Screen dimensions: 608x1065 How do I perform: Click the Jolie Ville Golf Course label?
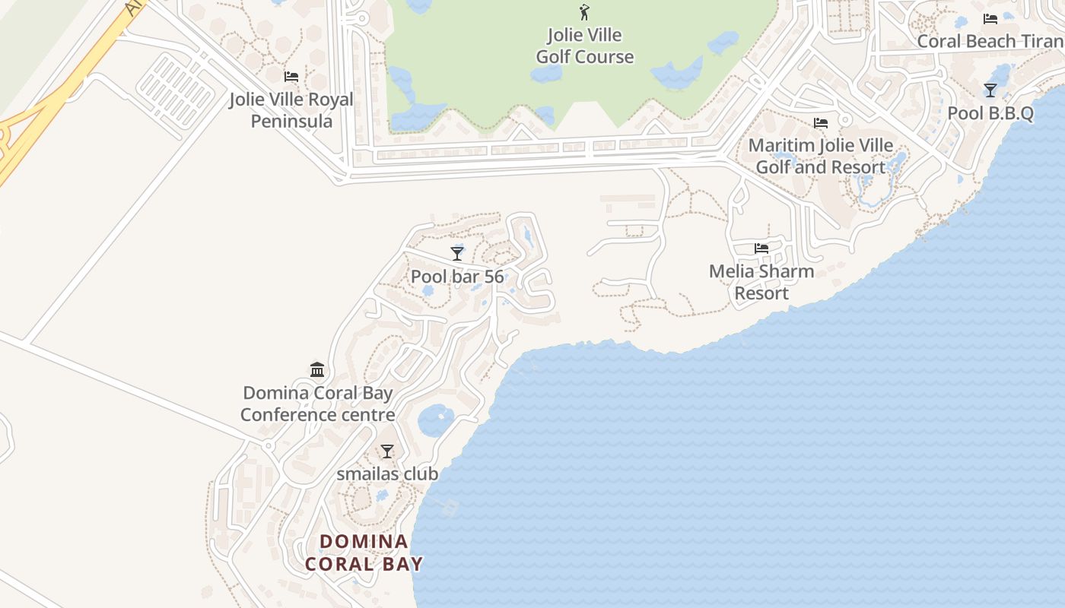click(x=584, y=46)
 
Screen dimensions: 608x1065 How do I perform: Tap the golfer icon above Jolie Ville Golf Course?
click(x=584, y=12)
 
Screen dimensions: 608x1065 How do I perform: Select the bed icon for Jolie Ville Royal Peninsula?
click(x=291, y=77)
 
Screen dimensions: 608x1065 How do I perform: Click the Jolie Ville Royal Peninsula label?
click(x=291, y=110)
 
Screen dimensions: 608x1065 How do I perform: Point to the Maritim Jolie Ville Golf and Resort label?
click(x=821, y=156)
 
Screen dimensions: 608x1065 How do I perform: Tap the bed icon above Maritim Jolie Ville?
click(x=820, y=122)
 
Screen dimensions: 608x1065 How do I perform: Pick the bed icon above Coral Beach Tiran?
click(x=990, y=19)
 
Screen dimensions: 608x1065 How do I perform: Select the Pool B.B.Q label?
click(x=990, y=113)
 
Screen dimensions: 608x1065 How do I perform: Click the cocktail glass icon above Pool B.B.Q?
click(x=990, y=90)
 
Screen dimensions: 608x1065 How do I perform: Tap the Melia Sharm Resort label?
click(x=761, y=282)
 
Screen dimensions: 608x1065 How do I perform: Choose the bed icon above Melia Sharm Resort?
click(x=761, y=248)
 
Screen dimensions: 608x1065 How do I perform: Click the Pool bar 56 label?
click(x=457, y=276)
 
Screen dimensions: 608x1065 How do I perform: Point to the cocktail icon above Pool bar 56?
click(x=457, y=253)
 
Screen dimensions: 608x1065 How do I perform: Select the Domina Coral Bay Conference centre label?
click(x=318, y=404)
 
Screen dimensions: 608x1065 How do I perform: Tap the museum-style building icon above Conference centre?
click(x=317, y=370)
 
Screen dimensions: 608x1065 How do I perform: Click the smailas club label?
click(x=387, y=473)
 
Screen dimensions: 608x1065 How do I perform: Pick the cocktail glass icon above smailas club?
click(x=387, y=451)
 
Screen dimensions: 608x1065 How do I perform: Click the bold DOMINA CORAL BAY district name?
click(x=364, y=553)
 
